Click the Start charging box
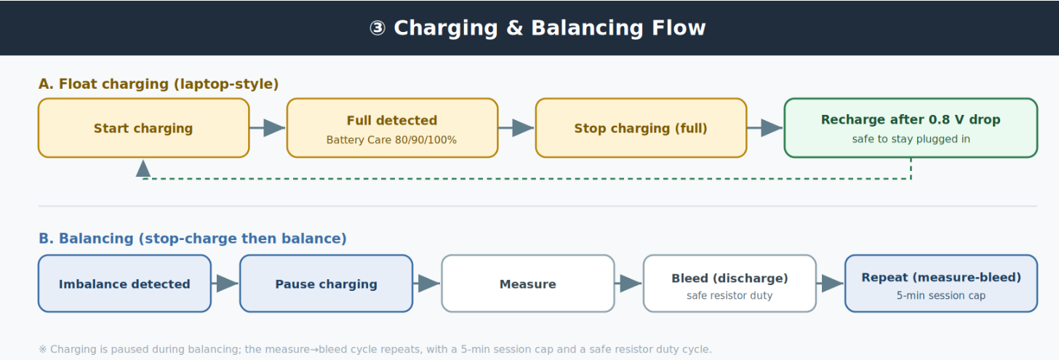(x=144, y=128)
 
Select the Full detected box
(x=393, y=128)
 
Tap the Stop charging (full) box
(x=641, y=128)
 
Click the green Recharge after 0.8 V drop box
(x=911, y=128)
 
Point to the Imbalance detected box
(x=125, y=284)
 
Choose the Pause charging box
(x=326, y=284)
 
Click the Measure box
(x=528, y=284)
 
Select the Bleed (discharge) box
(x=730, y=284)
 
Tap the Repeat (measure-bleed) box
(x=941, y=284)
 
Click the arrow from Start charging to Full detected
(x=268, y=127)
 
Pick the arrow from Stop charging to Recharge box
(x=765, y=127)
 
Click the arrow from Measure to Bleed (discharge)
(x=628, y=284)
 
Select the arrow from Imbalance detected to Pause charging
(x=225, y=284)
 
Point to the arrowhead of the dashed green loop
(x=143, y=168)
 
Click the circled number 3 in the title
(x=377, y=28)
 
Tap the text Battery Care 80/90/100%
(x=391, y=140)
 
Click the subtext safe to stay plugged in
(x=911, y=139)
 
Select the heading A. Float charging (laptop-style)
(x=159, y=84)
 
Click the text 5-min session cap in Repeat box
(x=941, y=295)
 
